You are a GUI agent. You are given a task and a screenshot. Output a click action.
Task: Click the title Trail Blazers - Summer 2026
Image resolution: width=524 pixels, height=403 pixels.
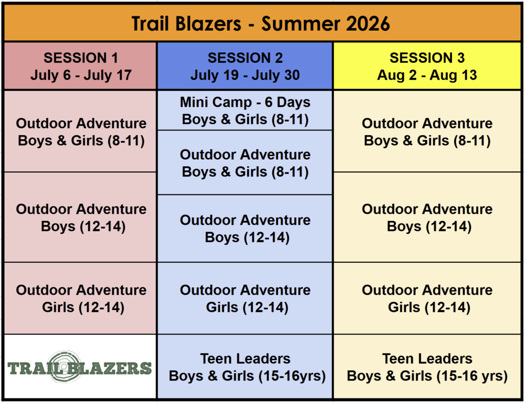tap(260, 24)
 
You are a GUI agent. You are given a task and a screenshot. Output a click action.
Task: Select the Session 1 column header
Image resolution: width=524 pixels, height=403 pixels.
tap(80, 66)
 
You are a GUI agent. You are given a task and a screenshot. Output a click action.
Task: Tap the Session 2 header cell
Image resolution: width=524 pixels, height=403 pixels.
tap(245, 66)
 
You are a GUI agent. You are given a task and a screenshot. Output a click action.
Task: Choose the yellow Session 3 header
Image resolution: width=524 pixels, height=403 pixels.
tap(427, 66)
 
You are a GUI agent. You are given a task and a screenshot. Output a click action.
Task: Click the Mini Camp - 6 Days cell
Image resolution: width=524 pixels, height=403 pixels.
tap(245, 110)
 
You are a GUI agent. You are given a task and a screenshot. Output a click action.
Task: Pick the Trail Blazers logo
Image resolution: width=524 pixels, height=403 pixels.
tap(79, 367)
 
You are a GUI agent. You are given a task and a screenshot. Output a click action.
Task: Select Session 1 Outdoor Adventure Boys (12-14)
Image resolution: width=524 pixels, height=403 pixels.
tap(80, 217)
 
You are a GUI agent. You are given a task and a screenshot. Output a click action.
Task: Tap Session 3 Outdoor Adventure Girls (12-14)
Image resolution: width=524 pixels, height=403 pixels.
tap(427, 298)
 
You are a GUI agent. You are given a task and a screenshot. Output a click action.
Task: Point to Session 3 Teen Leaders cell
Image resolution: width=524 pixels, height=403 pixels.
tap(427, 367)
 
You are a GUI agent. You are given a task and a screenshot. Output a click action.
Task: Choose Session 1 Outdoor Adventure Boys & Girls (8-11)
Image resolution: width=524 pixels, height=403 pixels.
tap(80, 131)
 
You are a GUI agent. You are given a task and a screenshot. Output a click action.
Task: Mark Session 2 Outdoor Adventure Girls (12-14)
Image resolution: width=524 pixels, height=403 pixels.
tap(245, 298)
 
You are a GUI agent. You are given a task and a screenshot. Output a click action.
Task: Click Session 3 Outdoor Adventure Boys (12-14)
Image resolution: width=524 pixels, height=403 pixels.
tap(427, 217)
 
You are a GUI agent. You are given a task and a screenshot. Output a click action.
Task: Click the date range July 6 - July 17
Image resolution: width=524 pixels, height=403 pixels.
tap(81, 75)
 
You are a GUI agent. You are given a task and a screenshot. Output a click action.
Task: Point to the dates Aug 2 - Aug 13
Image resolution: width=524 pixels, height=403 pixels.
tap(427, 75)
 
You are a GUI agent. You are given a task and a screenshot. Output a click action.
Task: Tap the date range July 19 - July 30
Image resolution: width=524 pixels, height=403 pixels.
tap(245, 75)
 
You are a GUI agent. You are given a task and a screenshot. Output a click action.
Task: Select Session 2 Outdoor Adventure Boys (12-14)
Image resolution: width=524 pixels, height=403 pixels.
tap(245, 229)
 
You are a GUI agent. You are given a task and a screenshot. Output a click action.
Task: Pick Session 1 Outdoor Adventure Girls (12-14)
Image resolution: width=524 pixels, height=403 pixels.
tap(80, 298)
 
